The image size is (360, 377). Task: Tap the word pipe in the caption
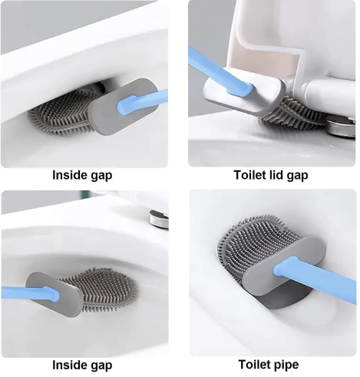pyautogui.click(x=286, y=365)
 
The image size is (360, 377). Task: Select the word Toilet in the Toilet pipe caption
pyautogui.click(x=254, y=364)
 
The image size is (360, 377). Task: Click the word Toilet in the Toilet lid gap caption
pyautogui.click(x=250, y=175)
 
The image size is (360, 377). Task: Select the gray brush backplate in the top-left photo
pyautogui.click(x=124, y=107)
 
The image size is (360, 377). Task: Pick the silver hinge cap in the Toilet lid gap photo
pyautogui.click(x=341, y=127)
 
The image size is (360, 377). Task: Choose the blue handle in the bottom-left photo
pyautogui.click(x=30, y=293)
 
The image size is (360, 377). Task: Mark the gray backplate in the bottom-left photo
pyautogui.click(x=53, y=294)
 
